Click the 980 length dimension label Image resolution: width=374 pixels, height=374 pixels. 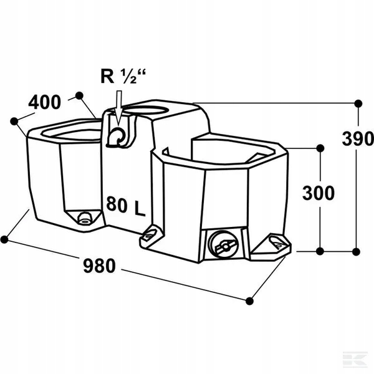click(x=100, y=266)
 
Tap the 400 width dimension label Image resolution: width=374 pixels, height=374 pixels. click(x=45, y=102)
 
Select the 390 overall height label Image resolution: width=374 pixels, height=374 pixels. click(x=358, y=138)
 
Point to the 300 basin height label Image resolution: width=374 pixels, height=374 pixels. click(x=319, y=193)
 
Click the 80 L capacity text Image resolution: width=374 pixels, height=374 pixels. click(x=126, y=206)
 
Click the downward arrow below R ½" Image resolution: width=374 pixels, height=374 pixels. click(x=118, y=108)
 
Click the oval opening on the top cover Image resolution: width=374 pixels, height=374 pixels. click(x=146, y=110)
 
